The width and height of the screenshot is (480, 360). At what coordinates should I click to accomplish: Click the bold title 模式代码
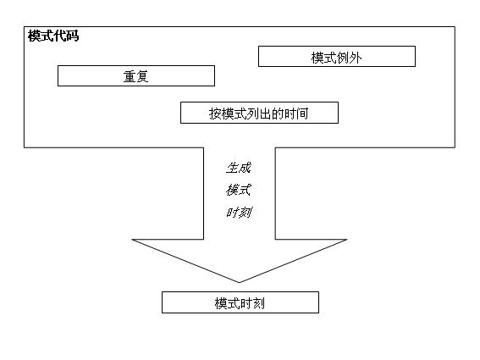(x=53, y=36)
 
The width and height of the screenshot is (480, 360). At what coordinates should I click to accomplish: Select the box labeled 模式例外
(x=336, y=57)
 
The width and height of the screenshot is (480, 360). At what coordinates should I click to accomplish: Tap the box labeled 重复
(x=135, y=76)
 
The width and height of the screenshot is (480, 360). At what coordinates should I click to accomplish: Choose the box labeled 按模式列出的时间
(x=259, y=113)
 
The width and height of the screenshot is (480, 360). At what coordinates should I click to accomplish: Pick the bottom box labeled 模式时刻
(x=240, y=302)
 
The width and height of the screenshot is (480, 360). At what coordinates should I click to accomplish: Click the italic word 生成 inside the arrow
(x=239, y=168)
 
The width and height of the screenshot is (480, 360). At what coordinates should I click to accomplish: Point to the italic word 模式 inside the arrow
(x=239, y=190)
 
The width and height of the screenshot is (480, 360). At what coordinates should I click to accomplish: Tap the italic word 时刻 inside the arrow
(x=239, y=213)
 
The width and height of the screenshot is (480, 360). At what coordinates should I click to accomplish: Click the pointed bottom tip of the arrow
(x=240, y=282)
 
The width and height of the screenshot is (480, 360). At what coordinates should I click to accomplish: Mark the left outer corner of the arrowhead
(x=133, y=240)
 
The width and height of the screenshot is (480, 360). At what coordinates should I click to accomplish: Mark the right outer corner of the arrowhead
(x=346, y=240)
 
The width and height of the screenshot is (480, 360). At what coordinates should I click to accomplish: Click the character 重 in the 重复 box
(x=130, y=76)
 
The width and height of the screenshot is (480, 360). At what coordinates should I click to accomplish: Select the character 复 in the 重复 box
(x=142, y=76)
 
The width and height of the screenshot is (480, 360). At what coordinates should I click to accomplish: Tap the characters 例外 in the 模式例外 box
(x=349, y=57)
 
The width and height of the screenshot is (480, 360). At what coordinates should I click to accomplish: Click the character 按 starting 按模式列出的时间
(x=215, y=113)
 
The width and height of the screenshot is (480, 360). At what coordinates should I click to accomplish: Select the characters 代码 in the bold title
(x=66, y=36)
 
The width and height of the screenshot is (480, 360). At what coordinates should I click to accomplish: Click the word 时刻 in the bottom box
(x=252, y=302)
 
